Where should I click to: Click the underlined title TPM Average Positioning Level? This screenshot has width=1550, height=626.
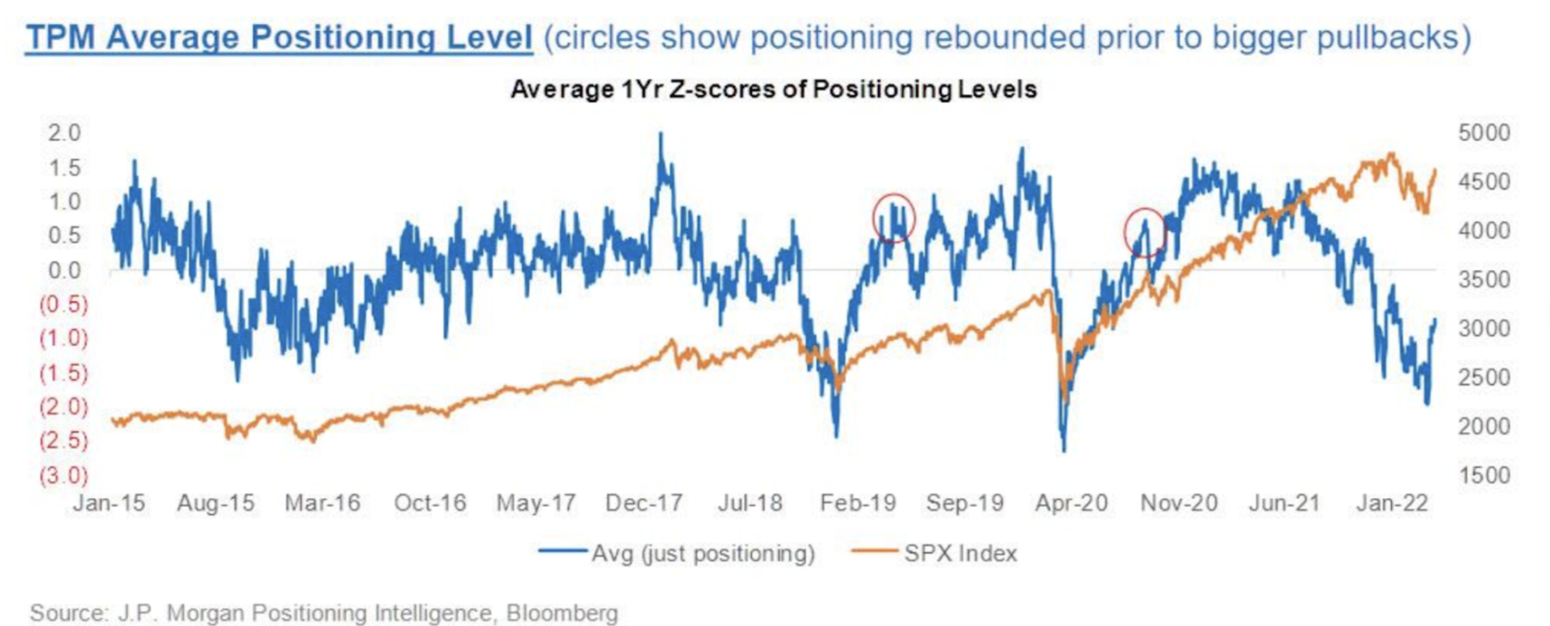coord(279,37)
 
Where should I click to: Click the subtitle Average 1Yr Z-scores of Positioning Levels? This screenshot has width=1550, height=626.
coord(773,90)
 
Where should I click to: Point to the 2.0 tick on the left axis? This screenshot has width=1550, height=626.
coord(64,133)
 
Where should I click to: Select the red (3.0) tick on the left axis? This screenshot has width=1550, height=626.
coord(64,476)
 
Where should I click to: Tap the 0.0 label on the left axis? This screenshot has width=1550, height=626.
coord(64,271)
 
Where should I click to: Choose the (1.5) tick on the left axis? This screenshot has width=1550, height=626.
coord(64,373)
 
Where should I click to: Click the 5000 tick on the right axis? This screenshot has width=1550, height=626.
coord(1484,133)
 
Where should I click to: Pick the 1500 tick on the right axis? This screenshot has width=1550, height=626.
coord(1484,476)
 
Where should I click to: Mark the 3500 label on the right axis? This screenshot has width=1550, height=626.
coord(1484,279)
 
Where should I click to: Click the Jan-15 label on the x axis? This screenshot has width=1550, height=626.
coord(109,503)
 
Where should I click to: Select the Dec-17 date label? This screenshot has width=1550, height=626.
coord(644,503)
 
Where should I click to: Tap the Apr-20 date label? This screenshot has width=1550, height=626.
coord(1072,503)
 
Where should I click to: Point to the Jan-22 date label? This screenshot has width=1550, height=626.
coord(1393,503)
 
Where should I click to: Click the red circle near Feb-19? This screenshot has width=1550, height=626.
coord(894,218)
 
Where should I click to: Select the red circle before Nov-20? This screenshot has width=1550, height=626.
coord(1145,232)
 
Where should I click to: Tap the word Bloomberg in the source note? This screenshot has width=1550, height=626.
coord(562,613)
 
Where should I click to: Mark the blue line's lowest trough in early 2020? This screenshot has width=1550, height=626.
coord(1064,450)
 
